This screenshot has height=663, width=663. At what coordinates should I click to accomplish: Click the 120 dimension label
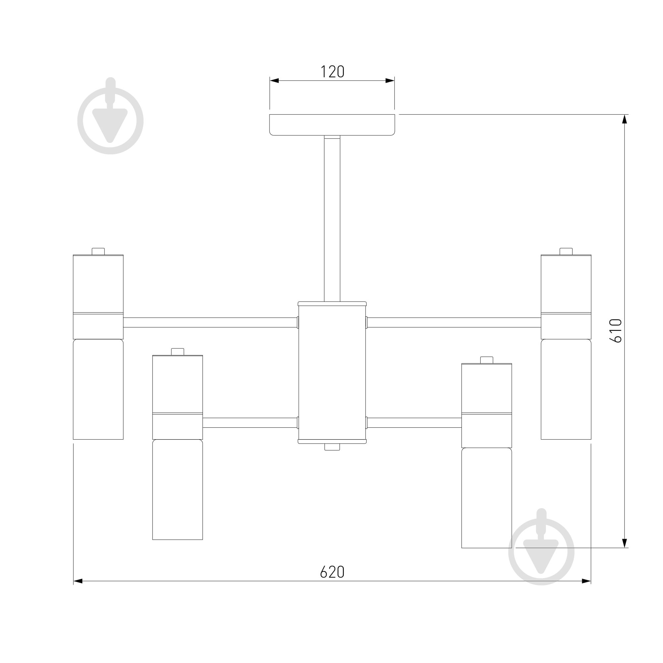tap(332, 71)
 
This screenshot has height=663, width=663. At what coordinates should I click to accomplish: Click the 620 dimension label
tap(332, 572)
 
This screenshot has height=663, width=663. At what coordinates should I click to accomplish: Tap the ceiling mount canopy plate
tap(332, 125)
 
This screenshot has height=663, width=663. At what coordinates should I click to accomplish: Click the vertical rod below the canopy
tap(332, 218)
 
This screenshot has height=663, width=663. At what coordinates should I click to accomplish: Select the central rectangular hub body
tap(332, 372)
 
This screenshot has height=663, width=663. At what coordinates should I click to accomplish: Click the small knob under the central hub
tap(332, 447)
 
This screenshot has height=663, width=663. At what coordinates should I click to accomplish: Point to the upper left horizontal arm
tap(210, 323)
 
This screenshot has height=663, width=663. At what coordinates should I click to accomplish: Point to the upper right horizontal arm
tap(454, 323)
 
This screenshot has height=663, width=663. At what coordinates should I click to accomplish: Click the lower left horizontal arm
tap(250, 422)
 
